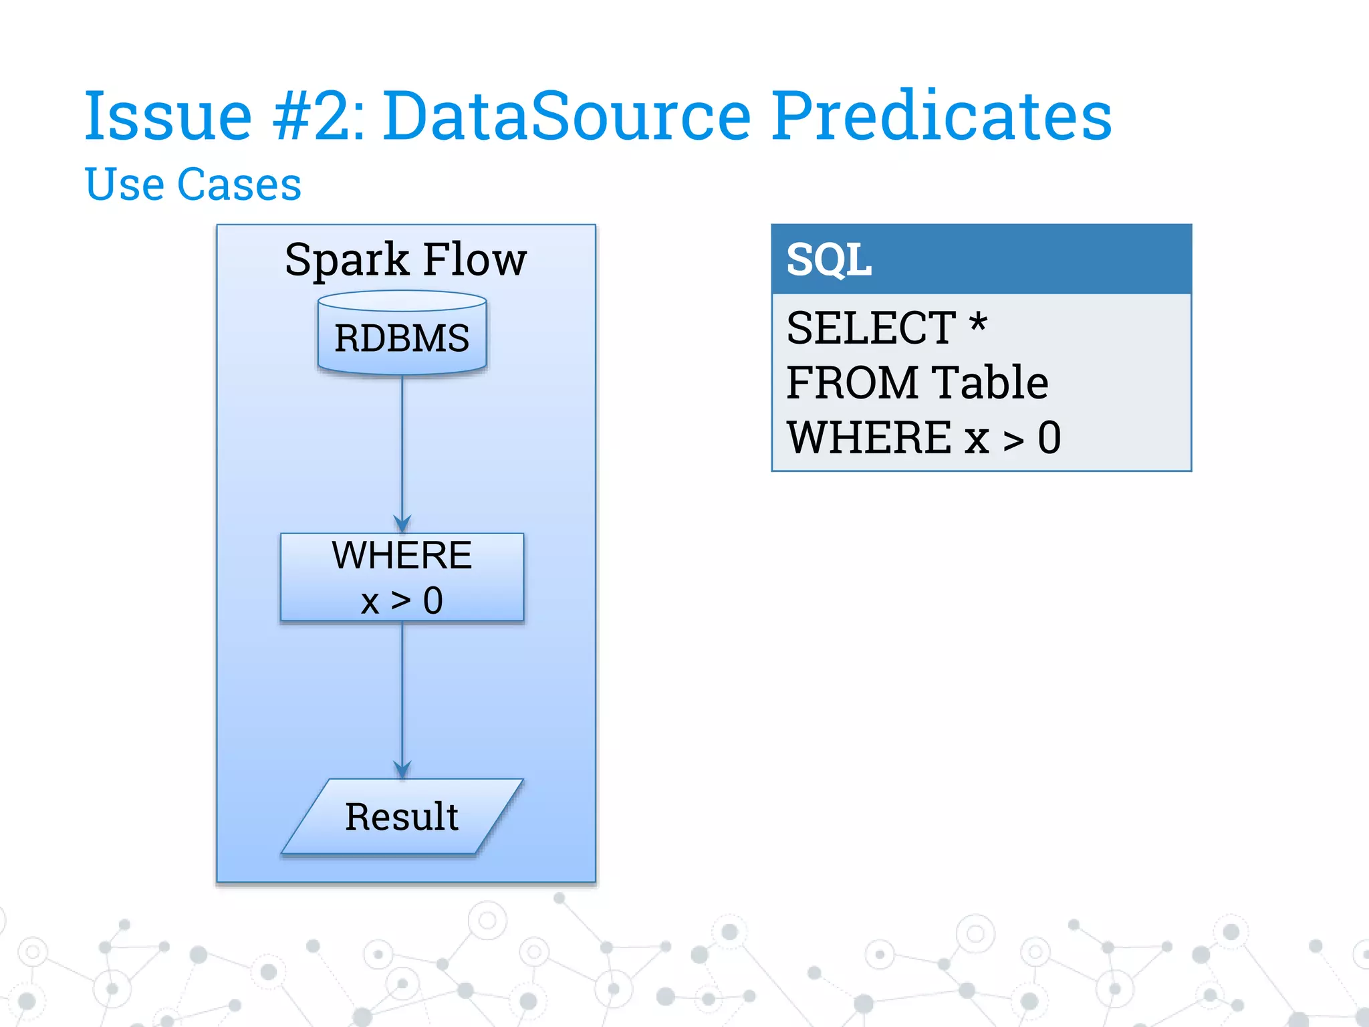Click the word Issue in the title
[168, 116]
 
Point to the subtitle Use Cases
[193, 185]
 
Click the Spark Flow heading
[406, 259]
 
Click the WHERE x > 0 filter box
[402, 577]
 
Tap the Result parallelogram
[402, 816]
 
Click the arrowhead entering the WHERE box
[402, 524]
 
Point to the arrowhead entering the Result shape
[402, 770]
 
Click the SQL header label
[829, 260]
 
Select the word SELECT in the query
[871, 328]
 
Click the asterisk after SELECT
[978, 324]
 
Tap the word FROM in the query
[852, 383]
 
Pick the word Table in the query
[990, 383]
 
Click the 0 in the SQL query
[1049, 438]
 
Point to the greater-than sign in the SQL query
[1013, 441]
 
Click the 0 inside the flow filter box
[432, 600]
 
